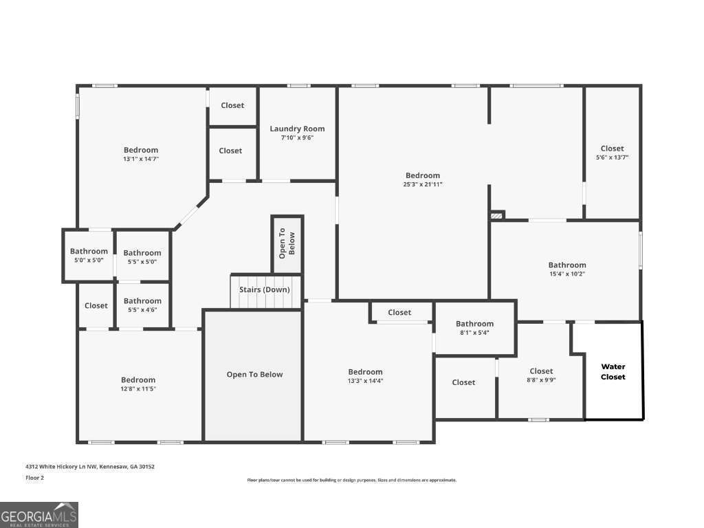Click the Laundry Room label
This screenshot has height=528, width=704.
pos(297,129)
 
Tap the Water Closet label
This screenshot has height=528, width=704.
pos(613,371)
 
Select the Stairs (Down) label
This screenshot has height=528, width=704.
pos(265,289)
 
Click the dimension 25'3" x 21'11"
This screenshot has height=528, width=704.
pos(422,184)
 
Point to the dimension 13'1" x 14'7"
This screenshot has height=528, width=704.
pos(141,159)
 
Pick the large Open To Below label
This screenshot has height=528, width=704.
pos(254,375)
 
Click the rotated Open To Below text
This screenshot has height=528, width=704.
pos(287,243)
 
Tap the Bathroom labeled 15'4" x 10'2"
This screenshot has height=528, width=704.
pos(567,265)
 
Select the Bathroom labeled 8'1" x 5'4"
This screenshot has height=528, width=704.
pos(474,324)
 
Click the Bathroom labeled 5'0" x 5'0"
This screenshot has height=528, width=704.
pos(89,252)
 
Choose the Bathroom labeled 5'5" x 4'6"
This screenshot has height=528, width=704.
pos(142,301)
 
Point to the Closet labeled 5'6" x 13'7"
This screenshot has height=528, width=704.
pos(612,148)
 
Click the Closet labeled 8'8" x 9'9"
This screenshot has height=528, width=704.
pos(541,371)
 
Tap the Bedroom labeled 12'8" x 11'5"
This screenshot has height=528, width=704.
pos(138,380)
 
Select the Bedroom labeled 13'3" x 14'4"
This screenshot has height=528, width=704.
pos(365,372)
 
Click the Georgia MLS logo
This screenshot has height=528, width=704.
pos(39,515)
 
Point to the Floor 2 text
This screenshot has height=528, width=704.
pos(34,478)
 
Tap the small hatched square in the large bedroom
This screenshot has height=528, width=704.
pos(497,215)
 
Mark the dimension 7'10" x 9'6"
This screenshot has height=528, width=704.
pos(297,137)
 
